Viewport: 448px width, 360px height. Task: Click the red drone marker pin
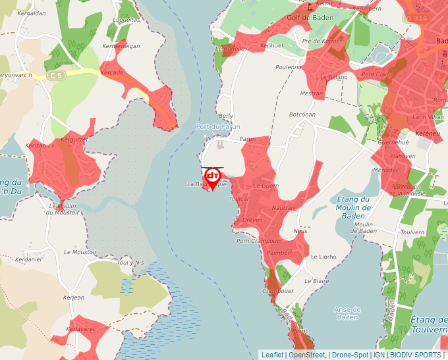(213, 178)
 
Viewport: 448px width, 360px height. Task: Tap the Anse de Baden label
(347, 313)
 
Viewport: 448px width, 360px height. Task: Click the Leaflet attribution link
(272, 355)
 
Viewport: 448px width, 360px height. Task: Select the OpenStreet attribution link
(307, 355)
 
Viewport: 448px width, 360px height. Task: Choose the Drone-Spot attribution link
(350, 355)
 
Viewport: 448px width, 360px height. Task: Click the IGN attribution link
(379, 355)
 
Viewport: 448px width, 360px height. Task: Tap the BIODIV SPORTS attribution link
(415, 355)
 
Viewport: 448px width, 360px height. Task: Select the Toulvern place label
(412, 232)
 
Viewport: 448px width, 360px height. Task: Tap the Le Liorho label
(323, 257)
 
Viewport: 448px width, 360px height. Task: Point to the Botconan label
(302, 115)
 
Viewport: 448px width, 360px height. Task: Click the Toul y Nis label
(130, 263)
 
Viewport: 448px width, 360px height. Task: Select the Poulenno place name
(289, 67)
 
